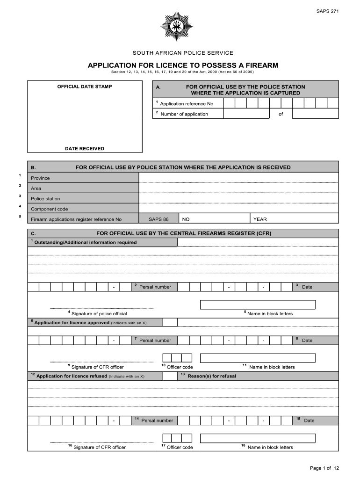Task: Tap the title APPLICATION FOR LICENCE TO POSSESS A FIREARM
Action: click(x=183, y=65)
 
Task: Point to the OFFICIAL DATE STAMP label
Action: click(x=85, y=87)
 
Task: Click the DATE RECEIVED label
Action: click(x=85, y=149)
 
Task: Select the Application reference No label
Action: click(x=187, y=104)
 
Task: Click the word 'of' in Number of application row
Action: click(x=281, y=114)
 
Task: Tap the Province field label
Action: click(x=40, y=178)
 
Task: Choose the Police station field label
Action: click(x=45, y=199)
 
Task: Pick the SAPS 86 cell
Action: click(x=158, y=219)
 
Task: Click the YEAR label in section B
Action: click(x=260, y=219)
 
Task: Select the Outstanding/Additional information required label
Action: click(x=86, y=242)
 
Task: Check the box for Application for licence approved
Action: click(x=170, y=322)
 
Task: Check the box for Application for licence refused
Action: click(x=170, y=376)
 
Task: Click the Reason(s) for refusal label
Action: click(x=211, y=376)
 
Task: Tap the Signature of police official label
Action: click(x=99, y=313)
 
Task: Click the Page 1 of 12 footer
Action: click(x=324, y=468)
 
